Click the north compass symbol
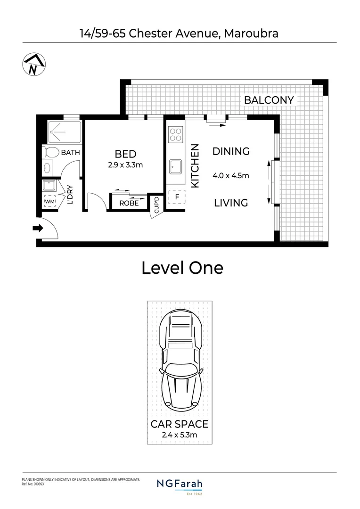click(x=33, y=65)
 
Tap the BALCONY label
click(x=269, y=100)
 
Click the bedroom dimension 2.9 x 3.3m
click(x=125, y=165)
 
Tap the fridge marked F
click(x=177, y=197)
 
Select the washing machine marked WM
click(x=49, y=202)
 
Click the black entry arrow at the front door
click(x=37, y=229)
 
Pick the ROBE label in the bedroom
click(x=129, y=204)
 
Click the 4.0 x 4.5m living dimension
click(x=230, y=176)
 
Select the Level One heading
click(x=182, y=268)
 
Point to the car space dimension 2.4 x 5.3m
click(x=180, y=435)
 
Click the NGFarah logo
click(x=180, y=484)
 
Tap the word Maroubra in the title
click(x=251, y=33)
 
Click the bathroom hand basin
click(x=48, y=168)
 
